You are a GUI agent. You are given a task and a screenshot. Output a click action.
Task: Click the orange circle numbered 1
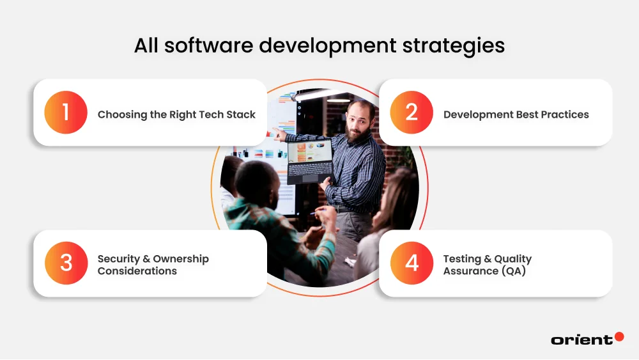click(x=65, y=113)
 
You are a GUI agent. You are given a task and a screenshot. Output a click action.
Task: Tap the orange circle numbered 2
click(x=412, y=113)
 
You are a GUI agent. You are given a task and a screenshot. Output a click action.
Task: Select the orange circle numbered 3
click(x=65, y=263)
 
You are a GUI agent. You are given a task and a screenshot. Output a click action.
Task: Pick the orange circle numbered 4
click(x=412, y=263)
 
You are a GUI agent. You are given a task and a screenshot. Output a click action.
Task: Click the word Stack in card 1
click(x=241, y=115)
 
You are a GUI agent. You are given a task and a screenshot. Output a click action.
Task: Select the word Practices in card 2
click(x=562, y=115)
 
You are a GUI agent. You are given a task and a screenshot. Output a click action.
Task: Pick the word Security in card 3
click(x=119, y=259)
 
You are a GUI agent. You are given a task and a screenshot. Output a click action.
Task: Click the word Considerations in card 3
click(x=137, y=271)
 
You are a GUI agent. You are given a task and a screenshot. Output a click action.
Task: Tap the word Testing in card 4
click(x=462, y=259)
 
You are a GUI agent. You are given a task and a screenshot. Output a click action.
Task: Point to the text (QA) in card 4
click(x=512, y=271)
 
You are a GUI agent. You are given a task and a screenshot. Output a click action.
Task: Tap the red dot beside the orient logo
click(x=619, y=336)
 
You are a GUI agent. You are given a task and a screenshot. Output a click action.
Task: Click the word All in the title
click(x=148, y=46)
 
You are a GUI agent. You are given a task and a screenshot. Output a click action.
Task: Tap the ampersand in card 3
click(x=146, y=259)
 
